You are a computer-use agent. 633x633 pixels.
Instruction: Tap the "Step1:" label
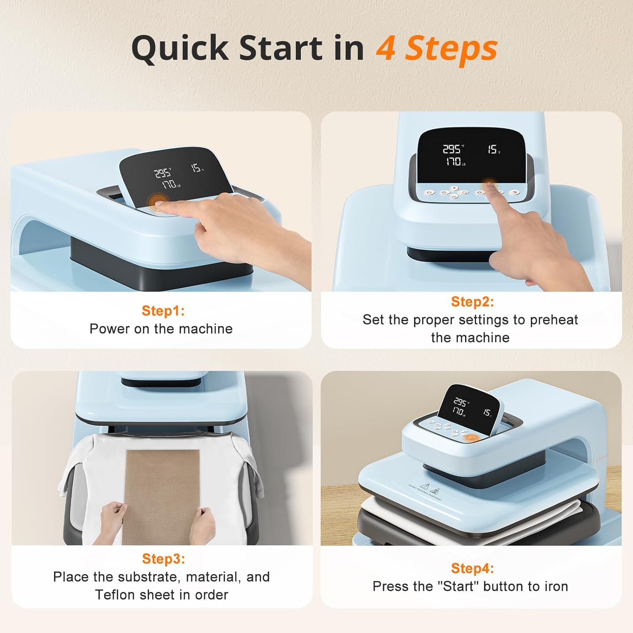(x=163, y=311)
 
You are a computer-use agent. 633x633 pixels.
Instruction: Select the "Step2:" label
(x=472, y=301)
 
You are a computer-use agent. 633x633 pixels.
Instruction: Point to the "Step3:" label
(x=163, y=558)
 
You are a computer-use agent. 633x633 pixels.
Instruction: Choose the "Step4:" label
(x=472, y=568)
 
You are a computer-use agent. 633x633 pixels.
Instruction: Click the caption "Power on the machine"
(x=161, y=329)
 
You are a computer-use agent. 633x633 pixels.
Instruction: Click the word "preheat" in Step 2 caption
(x=553, y=320)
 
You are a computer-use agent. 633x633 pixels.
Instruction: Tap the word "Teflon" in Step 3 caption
(x=116, y=595)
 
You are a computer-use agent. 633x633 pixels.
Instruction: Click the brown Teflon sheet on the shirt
(x=162, y=485)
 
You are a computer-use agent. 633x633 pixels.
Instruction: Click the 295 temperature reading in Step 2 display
(x=452, y=149)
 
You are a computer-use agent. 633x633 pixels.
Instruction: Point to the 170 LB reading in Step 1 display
(x=170, y=184)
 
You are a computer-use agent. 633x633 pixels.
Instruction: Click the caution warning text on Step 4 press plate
(x=424, y=492)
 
